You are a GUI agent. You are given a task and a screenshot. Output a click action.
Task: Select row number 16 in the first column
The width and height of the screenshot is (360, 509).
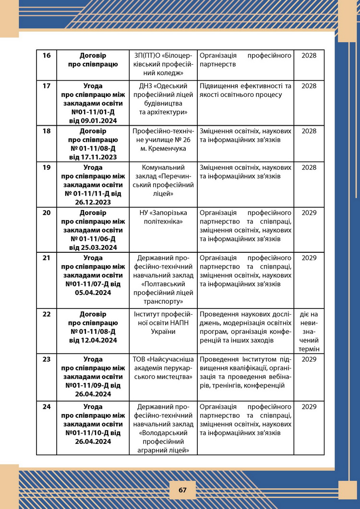tap(47, 56)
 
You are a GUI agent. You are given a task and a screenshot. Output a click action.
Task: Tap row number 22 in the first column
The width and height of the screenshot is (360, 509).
tap(47, 314)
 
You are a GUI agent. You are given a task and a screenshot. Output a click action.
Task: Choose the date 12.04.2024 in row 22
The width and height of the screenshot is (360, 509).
tap(94, 341)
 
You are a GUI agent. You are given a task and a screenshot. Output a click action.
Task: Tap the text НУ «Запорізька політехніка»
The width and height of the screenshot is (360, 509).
tap(165, 217)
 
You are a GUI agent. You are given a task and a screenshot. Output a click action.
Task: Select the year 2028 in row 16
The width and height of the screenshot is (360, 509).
tap(309, 56)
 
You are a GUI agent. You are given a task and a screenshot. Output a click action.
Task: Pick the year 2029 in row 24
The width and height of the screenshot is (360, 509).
tap(309, 407)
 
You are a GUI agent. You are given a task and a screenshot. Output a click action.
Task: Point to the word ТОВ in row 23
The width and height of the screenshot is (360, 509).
tap(139, 359)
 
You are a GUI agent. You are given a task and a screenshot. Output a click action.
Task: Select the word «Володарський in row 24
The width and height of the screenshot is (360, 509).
tap(165, 433)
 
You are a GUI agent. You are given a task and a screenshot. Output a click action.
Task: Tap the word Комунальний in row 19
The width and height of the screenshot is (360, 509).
tap(165, 167)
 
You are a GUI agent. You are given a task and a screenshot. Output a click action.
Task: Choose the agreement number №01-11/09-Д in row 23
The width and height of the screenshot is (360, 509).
tap(86, 385)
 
